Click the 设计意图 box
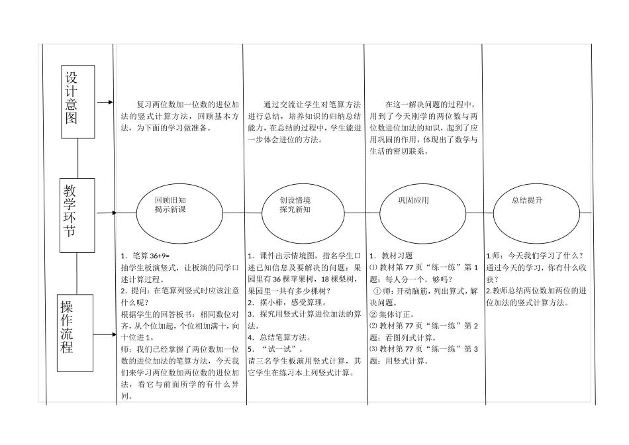point(78,101)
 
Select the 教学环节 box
point(77,215)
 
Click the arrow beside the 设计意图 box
point(105,103)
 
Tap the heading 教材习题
point(397,257)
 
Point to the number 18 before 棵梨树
point(332,279)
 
